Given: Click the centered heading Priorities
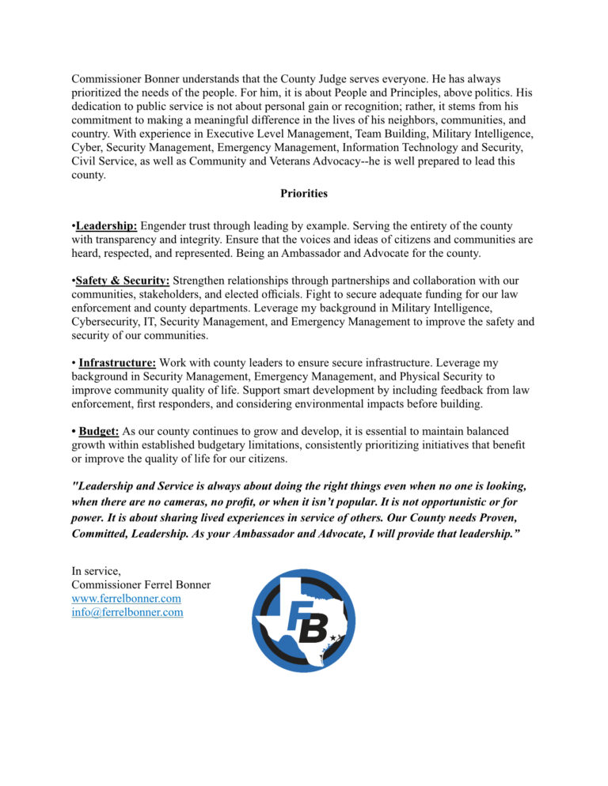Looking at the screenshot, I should coord(304,193).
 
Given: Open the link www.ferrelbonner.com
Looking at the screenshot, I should coord(127,599).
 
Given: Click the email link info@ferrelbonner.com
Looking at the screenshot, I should coord(127,612).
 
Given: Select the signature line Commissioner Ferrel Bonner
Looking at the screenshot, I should coord(141,585).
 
